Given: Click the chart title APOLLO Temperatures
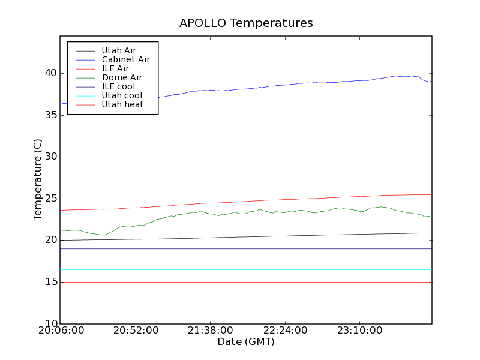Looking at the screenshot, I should click(x=246, y=23).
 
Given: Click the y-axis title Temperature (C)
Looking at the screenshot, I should click(x=38, y=179).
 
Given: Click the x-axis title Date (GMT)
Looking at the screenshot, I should click(x=246, y=341).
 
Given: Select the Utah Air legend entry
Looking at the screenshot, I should click(x=119, y=51).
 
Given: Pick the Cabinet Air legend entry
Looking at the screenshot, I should click(x=125, y=60).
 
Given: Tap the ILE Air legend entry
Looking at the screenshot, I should click(x=115, y=69).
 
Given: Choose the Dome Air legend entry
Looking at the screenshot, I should click(x=122, y=78).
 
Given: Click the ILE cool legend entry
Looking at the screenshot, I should click(x=118, y=87).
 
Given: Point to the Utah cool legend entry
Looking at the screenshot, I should click(x=122, y=96).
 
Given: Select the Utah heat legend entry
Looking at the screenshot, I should click(x=122, y=105).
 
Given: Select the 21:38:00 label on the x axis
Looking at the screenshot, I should click(x=209, y=331).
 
